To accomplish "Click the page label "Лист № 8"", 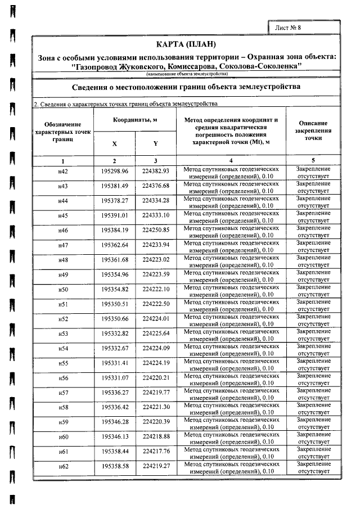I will point(289,27).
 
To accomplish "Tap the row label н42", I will point(63,172).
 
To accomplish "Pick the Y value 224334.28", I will point(156,201).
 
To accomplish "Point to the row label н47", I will point(63,245).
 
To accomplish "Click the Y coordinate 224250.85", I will point(156,230).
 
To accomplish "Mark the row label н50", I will point(63,289).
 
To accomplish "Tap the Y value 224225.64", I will point(156,334).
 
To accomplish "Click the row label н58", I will point(63,407).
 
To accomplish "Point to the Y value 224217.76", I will point(156,451).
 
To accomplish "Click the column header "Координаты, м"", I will point(135,120).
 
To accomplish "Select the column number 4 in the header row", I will point(231,161).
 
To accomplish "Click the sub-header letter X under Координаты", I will point(115,143).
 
